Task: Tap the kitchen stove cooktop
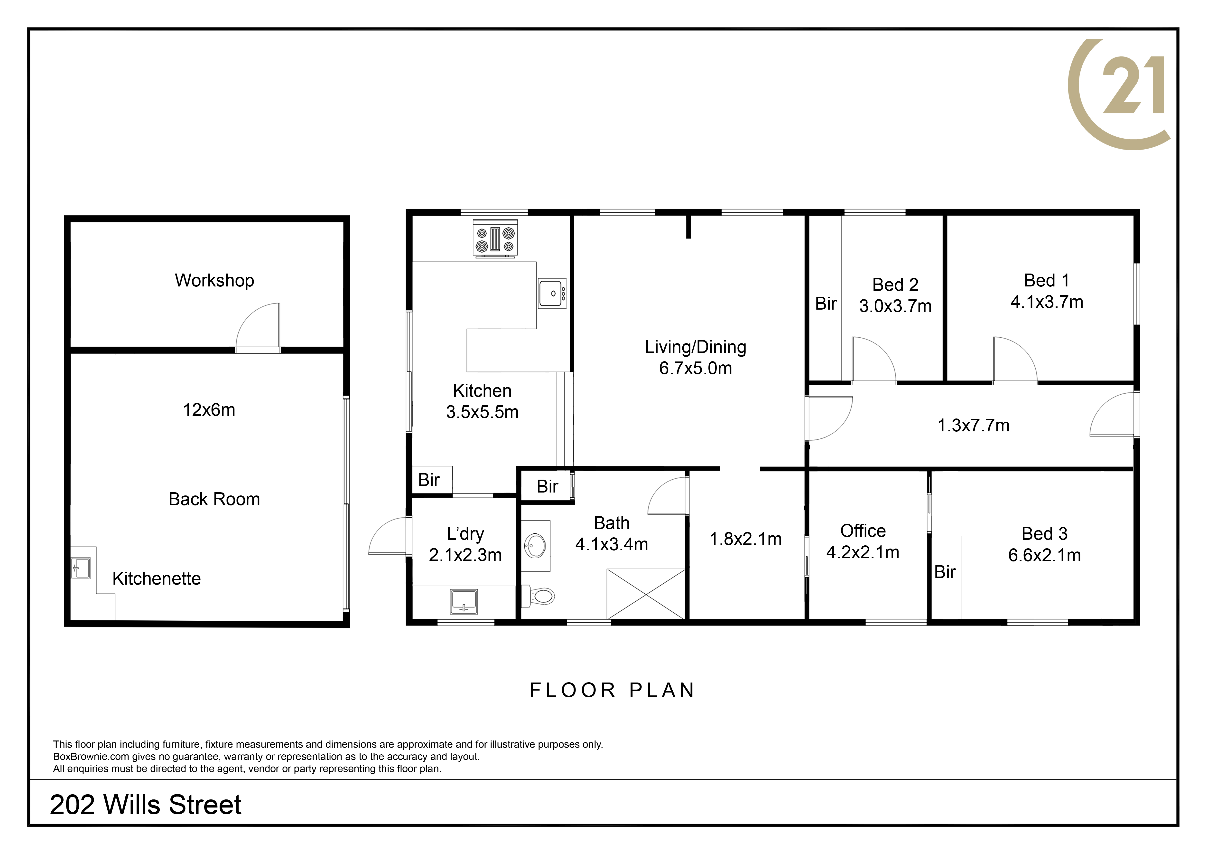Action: (495, 239)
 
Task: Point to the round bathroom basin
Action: (535, 546)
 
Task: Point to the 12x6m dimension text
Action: (209, 410)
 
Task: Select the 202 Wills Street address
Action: (146, 805)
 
